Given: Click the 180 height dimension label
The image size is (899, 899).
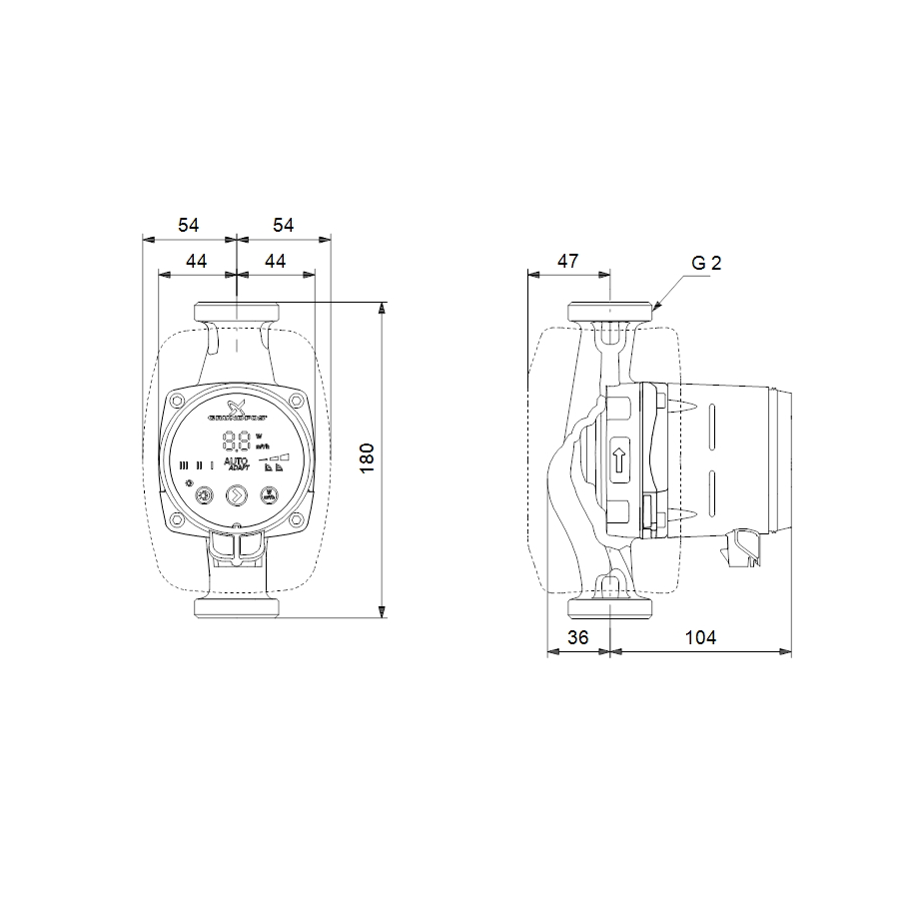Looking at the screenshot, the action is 368,457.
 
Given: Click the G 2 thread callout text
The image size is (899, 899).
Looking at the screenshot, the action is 705,264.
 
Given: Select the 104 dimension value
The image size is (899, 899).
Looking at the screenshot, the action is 701,637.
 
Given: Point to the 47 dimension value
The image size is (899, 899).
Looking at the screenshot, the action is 567,261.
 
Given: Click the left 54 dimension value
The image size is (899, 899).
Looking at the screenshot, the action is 188,227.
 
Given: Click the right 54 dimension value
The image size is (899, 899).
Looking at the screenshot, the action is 284,227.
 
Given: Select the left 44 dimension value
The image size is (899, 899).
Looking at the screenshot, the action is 197,261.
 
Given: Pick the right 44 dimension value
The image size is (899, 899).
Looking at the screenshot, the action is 275,261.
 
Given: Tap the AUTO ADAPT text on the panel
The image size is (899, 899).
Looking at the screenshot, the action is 237,462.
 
